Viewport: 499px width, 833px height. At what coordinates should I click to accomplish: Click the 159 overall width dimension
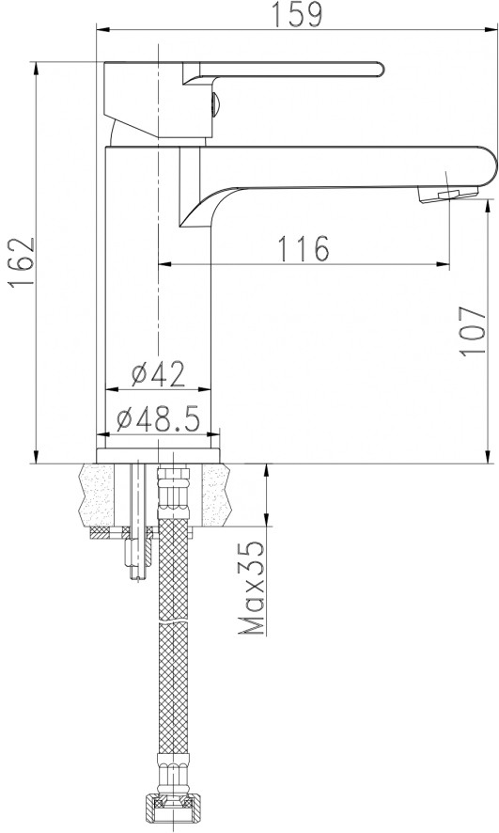(x=297, y=14)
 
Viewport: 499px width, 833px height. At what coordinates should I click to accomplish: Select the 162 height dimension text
(x=22, y=262)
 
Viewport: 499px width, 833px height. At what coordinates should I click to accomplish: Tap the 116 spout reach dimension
(x=304, y=248)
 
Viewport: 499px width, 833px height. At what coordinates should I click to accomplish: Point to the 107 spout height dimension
(x=474, y=330)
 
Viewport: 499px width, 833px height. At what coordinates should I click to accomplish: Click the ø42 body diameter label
(x=158, y=374)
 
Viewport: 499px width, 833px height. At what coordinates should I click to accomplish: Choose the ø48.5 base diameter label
(x=158, y=419)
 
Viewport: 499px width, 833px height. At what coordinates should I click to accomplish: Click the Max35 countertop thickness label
(x=252, y=589)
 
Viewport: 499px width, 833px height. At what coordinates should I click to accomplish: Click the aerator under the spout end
(x=447, y=194)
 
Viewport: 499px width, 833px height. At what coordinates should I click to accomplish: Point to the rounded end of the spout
(x=491, y=166)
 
